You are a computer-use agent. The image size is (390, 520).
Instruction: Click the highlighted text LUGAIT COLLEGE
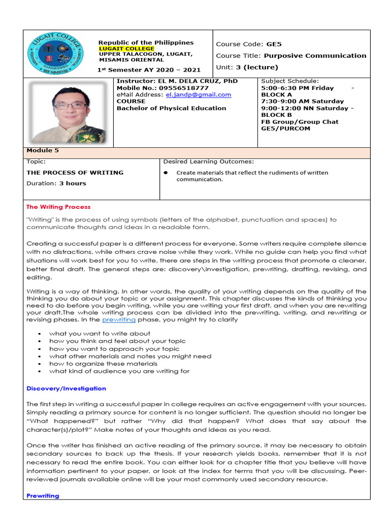[126, 49]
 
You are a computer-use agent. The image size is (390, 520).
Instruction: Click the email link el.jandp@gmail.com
[202, 94]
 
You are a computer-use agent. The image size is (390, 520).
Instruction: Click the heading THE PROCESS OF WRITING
[75, 173]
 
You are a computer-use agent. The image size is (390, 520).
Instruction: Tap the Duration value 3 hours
[73, 183]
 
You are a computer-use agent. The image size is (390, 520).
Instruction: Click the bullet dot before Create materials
[166, 173]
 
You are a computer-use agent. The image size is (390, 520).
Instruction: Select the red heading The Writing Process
[58, 207]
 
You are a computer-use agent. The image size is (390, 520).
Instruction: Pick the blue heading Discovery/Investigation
[66, 388]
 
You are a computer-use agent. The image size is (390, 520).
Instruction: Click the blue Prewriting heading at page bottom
[43, 496]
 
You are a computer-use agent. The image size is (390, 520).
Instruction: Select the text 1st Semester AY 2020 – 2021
[149, 70]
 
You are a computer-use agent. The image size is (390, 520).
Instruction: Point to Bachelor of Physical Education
[171, 108]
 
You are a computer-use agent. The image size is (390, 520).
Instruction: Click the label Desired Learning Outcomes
[208, 162]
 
